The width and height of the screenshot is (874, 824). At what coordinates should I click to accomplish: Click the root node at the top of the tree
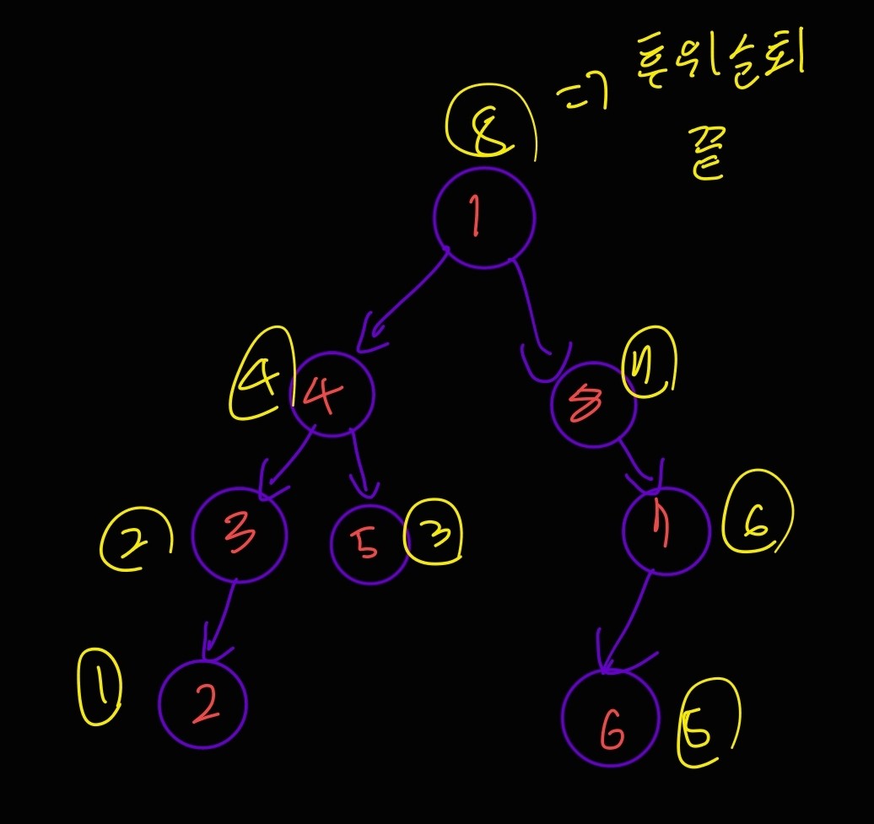pos(483,218)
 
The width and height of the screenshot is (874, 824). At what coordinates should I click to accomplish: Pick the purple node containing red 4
pos(332,394)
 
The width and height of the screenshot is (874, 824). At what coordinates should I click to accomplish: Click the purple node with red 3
pos(240,533)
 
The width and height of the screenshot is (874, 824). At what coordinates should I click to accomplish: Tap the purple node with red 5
pos(369,544)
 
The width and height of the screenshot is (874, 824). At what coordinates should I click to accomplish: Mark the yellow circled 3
pos(434,536)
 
